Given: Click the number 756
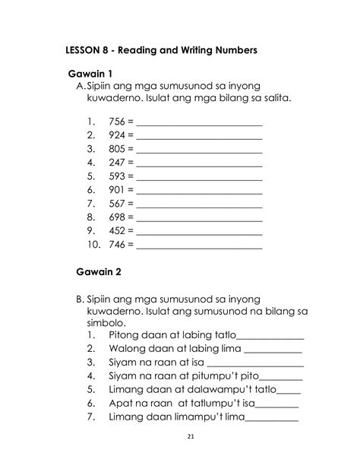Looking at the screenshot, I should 118,120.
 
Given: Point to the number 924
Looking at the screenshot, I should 118,135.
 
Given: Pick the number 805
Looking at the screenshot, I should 118,148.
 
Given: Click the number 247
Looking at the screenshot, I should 118,163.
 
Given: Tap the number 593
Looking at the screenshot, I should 118,176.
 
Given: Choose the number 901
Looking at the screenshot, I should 118,190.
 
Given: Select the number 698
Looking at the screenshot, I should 118,217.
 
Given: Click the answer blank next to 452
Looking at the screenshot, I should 199,232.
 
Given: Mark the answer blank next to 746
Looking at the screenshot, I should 199,246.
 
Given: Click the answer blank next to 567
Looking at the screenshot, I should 199,204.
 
